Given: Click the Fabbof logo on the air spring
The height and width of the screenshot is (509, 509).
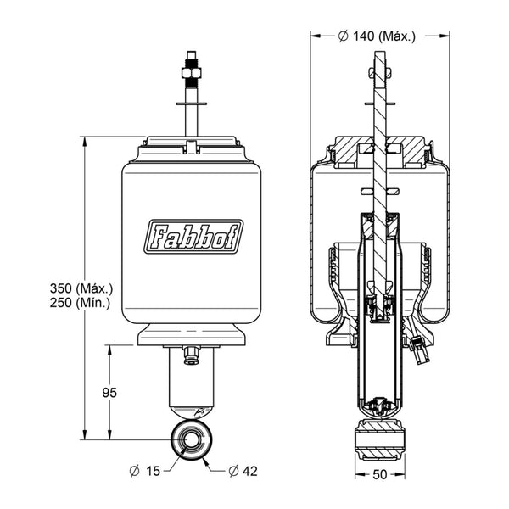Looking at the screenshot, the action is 193,237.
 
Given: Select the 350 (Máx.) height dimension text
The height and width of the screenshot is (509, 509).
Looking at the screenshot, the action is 81,288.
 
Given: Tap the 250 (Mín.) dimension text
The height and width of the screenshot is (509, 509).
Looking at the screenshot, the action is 80,303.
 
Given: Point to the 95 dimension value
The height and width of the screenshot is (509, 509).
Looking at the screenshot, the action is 109,393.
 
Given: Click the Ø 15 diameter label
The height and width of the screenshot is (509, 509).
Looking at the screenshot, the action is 145,471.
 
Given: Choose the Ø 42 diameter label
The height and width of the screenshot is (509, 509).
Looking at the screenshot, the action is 243,471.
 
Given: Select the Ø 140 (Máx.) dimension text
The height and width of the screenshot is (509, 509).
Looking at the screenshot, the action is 377,36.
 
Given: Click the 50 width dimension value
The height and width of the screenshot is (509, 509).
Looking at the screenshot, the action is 380,474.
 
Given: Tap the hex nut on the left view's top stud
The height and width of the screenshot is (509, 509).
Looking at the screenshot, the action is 192,73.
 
